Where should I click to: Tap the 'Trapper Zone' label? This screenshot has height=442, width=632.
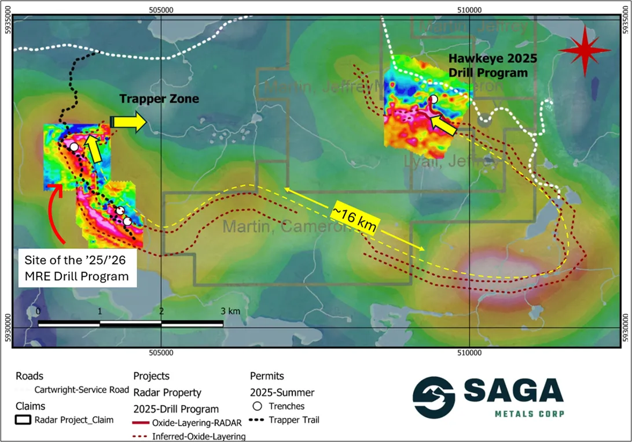click(x=159, y=99)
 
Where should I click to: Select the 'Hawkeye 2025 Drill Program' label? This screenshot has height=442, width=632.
click(x=493, y=65)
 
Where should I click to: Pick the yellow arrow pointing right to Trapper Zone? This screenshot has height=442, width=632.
click(x=128, y=121)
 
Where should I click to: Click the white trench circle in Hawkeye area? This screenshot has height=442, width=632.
click(x=433, y=99)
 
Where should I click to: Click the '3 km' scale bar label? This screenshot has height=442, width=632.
click(x=230, y=311)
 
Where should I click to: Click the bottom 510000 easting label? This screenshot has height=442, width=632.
click(x=469, y=353)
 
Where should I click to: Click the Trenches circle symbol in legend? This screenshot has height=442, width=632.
click(x=258, y=406)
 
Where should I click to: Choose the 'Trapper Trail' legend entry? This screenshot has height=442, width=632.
click(x=295, y=420)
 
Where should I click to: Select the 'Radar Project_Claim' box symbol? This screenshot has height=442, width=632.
click(x=24, y=420)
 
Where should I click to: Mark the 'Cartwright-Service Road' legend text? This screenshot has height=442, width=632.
click(x=82, y=390)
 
